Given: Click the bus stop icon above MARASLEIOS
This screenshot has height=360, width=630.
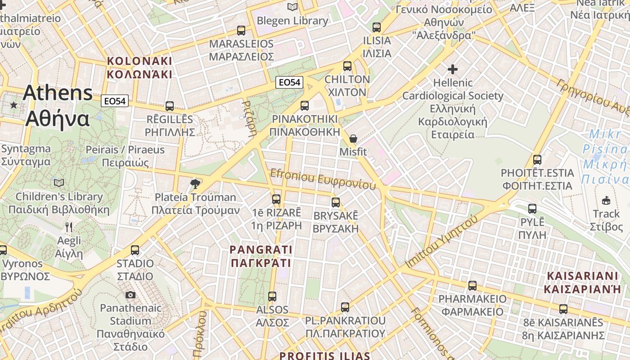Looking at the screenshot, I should tap(241, 31).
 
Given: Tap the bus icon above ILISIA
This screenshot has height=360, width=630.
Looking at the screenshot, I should tap(377, 27).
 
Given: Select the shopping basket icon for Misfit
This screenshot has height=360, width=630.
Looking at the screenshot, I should tap(353, 138).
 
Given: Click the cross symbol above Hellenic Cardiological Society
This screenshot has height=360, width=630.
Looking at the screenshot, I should tap(453, 69).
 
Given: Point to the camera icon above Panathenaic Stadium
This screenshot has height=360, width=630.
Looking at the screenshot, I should tap(130, 295).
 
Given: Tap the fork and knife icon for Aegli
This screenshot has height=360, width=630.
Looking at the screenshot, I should tap(69, 227).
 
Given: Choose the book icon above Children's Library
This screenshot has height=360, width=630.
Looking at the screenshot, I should tap(59, 183).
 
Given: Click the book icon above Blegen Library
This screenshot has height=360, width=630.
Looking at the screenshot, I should tap(292, 7).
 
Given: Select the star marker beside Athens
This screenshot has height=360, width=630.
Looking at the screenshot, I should tap(14, 105).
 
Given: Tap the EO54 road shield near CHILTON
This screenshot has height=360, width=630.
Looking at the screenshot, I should tap(290, 82).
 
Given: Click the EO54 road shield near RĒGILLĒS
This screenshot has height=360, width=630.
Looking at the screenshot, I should tap(115, 101).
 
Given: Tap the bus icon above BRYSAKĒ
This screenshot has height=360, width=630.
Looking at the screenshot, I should tap(336, 202).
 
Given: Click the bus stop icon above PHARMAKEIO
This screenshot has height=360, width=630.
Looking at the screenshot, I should tap(472, 285).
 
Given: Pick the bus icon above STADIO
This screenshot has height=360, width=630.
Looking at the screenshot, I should tap(135, 250).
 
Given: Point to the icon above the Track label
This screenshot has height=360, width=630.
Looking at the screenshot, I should tap(606, 200).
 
